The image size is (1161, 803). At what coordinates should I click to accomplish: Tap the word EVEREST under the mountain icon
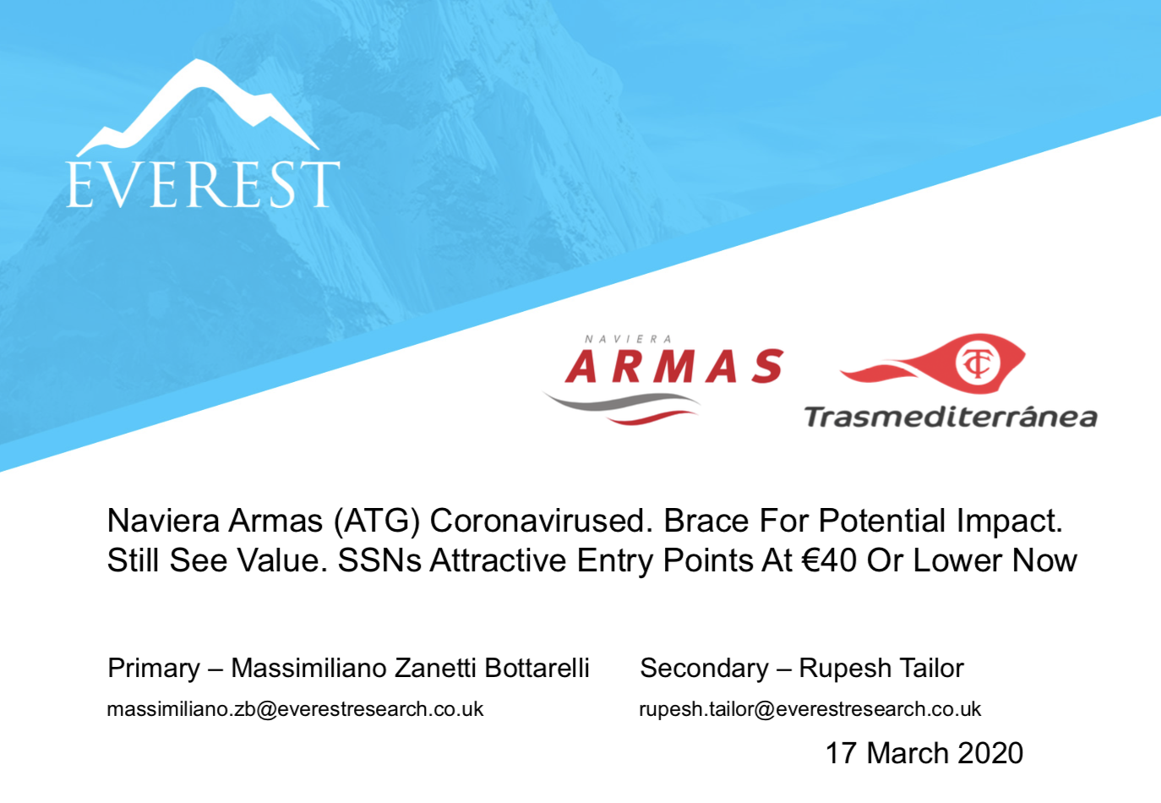(x=203, y=184)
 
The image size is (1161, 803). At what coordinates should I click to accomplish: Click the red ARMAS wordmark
(x=674, y=366)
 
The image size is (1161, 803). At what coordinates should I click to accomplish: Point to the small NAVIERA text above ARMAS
(x=628, y=340)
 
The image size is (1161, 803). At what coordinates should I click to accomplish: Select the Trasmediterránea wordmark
(x=951, y=418)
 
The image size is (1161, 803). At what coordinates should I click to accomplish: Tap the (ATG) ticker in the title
(x=377, y=521)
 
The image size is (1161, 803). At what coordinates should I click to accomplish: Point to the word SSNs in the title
(x=379, y=560)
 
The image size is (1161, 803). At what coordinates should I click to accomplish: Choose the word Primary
(x=154, y=669)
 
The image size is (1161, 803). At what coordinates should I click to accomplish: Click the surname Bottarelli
(x=537, y=668)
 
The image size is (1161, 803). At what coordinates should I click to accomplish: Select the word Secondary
(x=705, y=669)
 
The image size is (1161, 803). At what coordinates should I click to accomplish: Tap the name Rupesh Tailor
(x=881, y=669)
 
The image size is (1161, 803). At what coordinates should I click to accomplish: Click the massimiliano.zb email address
(x=295, y=709)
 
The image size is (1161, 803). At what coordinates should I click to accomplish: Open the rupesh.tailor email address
(x=810, y=710)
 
